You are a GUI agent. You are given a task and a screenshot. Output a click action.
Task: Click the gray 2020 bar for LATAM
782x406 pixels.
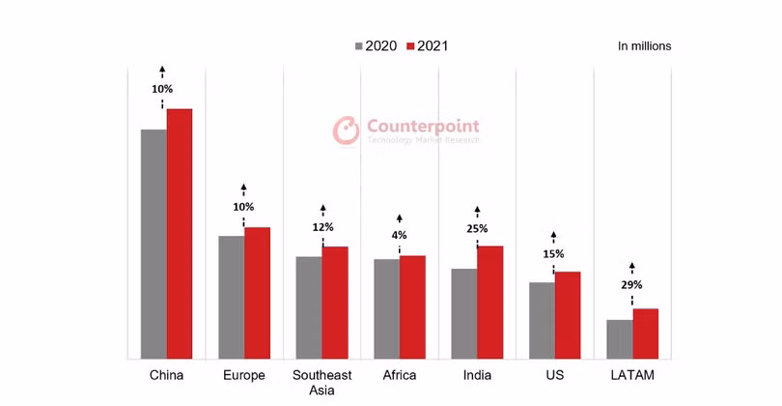point(620,339)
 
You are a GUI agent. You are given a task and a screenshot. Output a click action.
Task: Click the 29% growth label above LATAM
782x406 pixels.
point(631,285)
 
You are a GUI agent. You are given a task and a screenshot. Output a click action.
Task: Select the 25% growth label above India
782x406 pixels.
point(477,229)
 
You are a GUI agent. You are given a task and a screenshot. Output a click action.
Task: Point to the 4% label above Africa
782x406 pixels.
point(400,235)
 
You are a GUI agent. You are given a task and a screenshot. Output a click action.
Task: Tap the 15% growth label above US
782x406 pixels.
point(553,254)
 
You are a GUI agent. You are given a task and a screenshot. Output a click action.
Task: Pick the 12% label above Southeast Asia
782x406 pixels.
point(322,227)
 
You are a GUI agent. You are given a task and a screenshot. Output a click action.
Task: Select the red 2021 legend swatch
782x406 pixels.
point(409,45)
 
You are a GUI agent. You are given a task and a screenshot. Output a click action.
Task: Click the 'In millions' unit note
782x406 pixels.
point(644,45)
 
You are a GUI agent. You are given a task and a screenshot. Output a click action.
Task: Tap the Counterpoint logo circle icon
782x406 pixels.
point(346,130)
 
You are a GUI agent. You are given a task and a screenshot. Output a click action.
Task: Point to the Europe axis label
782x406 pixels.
point(243,375)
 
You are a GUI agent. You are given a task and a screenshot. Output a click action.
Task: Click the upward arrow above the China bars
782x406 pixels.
point(162,70)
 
